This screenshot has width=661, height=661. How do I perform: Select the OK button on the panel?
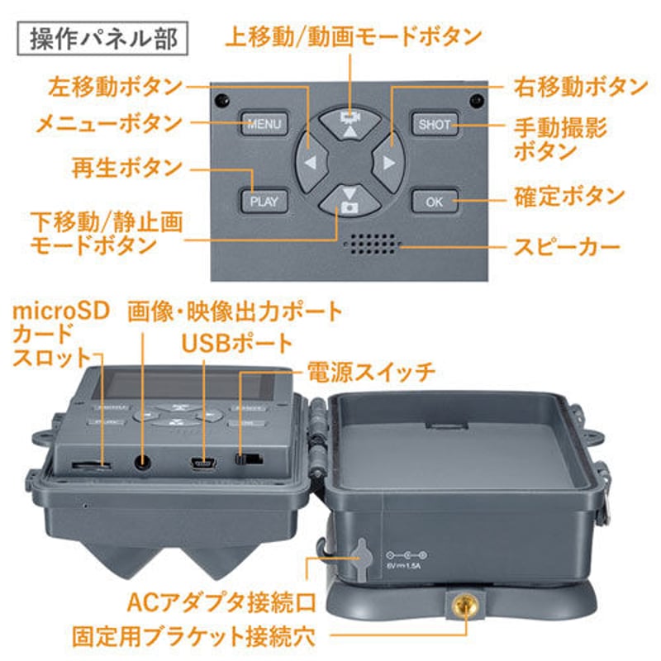point(435,201)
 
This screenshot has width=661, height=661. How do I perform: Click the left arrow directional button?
point(310,163)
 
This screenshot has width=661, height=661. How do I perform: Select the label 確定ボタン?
point(570,197)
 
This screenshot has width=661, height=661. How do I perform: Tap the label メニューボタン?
point(107,124)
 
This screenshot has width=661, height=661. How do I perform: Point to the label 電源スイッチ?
point(370,372)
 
